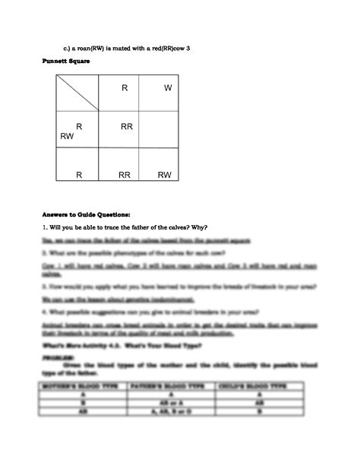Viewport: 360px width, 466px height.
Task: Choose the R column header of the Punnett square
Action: [x=125, y=88]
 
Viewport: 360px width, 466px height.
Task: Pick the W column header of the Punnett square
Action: [x=168, y=88]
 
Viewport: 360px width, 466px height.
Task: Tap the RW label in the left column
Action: [x=68, y=137]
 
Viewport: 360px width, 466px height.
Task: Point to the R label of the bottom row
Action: [x=79, y=175]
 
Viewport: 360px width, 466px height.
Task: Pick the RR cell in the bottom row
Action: [x=125, y=175]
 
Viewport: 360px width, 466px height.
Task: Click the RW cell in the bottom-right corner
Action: [x=165, y=175]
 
